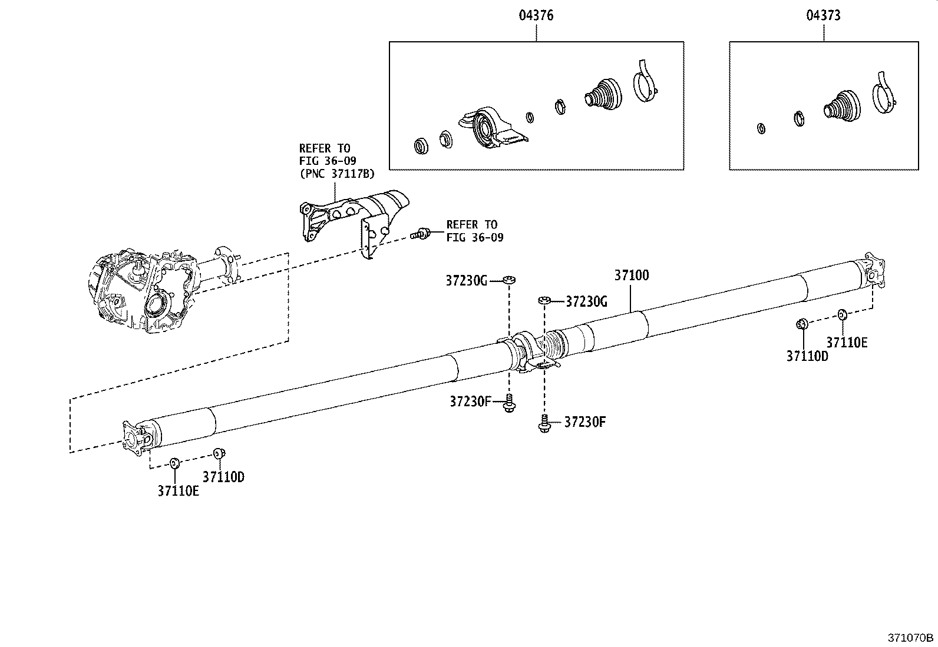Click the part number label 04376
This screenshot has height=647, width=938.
pyautogui.click(x=536, y=16)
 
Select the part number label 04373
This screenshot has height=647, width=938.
pyautogui.click(x=823, y=16)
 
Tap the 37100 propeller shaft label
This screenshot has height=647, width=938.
pyautogui.click(x=632, y=275)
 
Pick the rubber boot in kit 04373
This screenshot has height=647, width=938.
pyautogui.click(x=841, y=106)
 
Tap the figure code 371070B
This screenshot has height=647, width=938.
pyautogui.click(x=911, y=638)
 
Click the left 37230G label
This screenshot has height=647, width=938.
pyautogui.click(x=466, y=281)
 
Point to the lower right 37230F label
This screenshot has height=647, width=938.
pyautogui.click(x=585, y=422)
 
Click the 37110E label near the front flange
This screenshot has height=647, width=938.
pyautogui.click(x=178, y=490)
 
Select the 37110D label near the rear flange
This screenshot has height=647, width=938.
pyautogui.click(x=807, y=356)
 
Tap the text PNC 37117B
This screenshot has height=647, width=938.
pyautogui.click(x=337, y=174)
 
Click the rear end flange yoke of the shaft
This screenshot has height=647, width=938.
pyautogui.click(x=873, y=271)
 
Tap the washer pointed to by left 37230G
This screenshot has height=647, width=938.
pyautogui.click(x=508, y=279)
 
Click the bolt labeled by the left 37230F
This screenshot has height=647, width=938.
pyautogui.click(x=508, y=404)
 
